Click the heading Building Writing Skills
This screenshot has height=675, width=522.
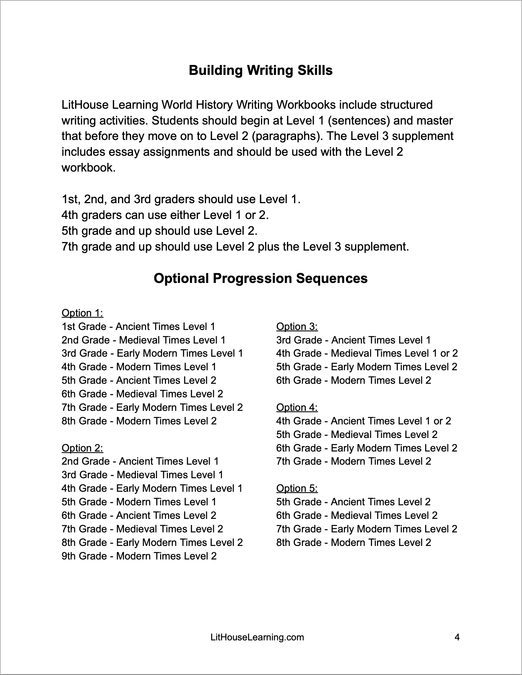[261, 70]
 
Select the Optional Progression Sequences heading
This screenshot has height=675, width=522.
[261, 278]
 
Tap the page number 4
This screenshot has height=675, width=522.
[457, 637]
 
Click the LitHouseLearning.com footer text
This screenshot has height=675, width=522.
[257, 637]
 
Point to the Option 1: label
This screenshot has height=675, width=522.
[82, 313]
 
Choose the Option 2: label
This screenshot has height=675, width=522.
[82, 448]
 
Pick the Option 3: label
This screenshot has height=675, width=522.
[297, 327]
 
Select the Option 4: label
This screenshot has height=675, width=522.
[297, 407]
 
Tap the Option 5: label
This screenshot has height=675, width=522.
[297, 488]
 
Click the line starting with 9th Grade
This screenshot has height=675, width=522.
[139, 556]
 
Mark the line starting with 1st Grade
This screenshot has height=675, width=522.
[138, 327]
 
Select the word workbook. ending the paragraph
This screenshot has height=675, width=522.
[89, 167]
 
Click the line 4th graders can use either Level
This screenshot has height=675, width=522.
[165, 215]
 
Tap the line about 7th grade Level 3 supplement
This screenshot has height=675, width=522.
[235, 247]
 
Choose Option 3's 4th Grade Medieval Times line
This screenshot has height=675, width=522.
[367, 353]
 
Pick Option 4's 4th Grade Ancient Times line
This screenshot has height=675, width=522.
[363, 421]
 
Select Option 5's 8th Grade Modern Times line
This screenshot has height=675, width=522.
[354, 543]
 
